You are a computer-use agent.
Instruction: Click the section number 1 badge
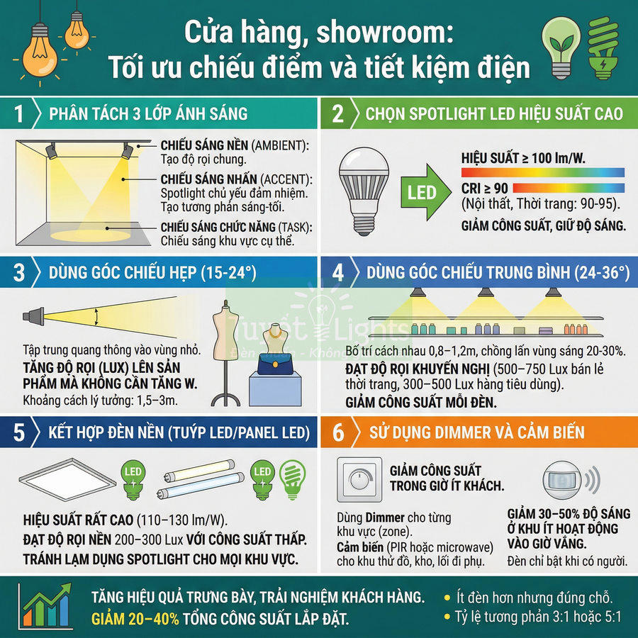19,113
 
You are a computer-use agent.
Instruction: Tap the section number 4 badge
337,272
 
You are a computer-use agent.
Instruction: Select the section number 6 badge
337,432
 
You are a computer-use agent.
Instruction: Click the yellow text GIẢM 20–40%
135,618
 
